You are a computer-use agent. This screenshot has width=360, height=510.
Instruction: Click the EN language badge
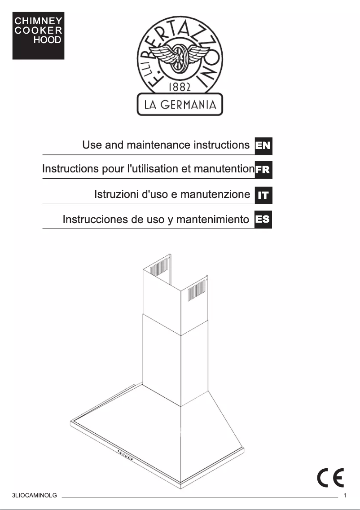tap(263, 145)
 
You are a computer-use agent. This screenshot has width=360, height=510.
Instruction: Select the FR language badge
tap(263, 170)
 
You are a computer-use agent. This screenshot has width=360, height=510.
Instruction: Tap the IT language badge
tap(263, 195)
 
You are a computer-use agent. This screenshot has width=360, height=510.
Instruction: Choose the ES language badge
tap(263, 220)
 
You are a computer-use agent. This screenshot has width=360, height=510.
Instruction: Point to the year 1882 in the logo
tap(180, 86)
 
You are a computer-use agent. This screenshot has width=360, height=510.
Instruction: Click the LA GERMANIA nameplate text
tap(180, 105)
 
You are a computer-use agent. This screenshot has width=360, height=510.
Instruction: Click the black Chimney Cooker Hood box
tap(38, 36)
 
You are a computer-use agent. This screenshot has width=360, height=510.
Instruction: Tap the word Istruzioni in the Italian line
tap(116, 194)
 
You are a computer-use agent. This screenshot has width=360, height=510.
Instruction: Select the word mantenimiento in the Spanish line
tap(212, 220)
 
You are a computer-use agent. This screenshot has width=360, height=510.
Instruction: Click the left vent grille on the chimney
tap(158, 268)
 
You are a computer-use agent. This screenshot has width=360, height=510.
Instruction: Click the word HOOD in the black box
tap(47, 40)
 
